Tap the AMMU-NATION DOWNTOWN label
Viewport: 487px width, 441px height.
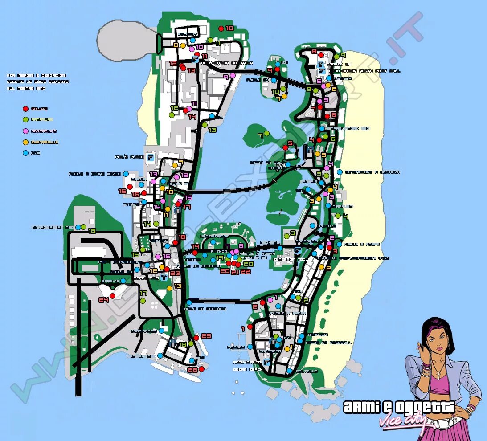[x=227, y=63]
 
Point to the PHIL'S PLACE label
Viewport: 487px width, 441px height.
[x=129, y=157]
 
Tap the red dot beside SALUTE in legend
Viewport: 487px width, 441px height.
[x=25, y=109]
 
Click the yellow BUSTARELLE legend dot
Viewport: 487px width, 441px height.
[x=25, y=142]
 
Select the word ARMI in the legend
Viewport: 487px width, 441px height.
[x=36, y=153]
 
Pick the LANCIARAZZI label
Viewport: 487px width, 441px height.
[x=143, y=331]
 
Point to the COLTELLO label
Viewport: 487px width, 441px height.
[x=307, y=371]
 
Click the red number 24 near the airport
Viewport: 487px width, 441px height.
[x=104, y=300]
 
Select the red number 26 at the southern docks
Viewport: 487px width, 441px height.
[x=192, y=370]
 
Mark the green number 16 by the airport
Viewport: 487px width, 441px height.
[x=92, y=231]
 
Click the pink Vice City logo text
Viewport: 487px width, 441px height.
[x=403, y=421]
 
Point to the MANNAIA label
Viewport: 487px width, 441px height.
[x=308, y=182]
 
